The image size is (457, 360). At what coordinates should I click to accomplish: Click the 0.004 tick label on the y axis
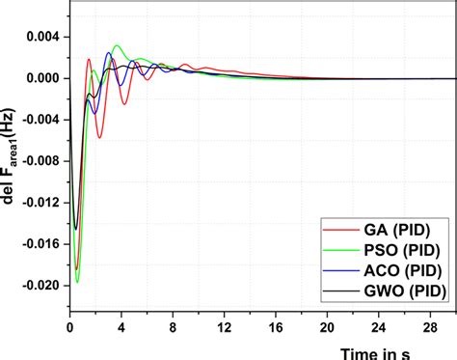[43, 37]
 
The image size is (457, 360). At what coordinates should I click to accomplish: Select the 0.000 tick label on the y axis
[43, 78]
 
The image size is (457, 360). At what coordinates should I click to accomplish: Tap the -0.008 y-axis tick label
[41, 161]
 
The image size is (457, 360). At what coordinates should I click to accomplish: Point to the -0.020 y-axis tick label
[41, 286]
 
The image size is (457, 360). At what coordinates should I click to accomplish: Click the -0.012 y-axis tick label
[41, 203]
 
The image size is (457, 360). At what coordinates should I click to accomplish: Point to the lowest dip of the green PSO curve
[77, 282]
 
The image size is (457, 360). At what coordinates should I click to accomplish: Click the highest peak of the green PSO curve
[117, 45]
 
